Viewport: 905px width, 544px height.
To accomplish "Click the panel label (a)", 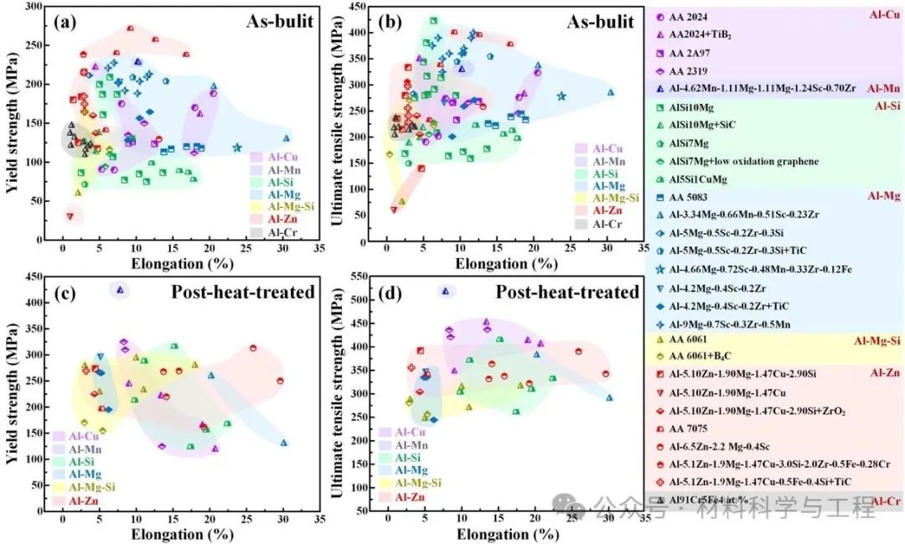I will pyautogui.click(x=66, y=23).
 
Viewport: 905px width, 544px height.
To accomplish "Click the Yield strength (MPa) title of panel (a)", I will pyautogui.click(x=12, y=126).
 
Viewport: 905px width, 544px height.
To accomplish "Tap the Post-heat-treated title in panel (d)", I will pyautogui.click(x=566, y=293).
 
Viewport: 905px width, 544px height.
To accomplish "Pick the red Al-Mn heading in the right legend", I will pyautogui.click(x=883, y=88).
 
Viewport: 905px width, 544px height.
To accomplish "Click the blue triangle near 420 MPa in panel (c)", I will pyautogui.click(x=121, y=290).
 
